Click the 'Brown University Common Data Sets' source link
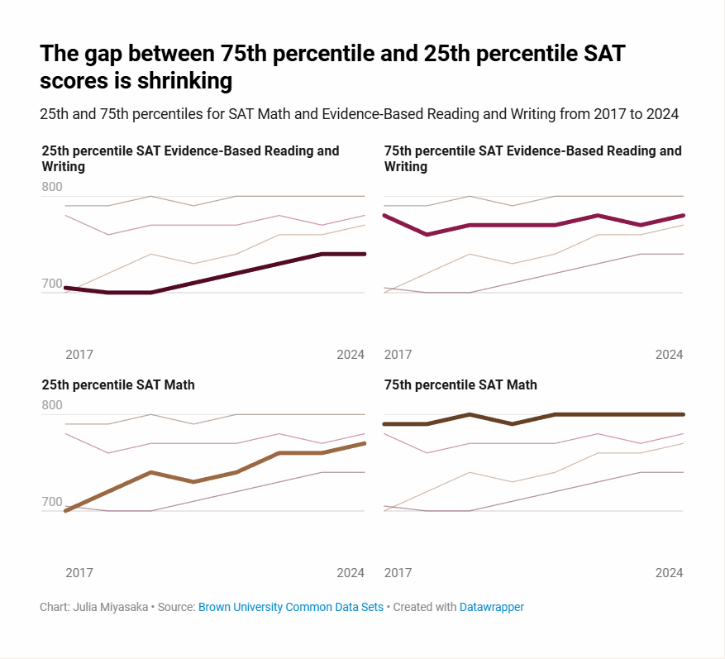pos(291,607)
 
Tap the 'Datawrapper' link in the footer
pos(492,607)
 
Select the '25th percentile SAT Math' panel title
pos(118,384)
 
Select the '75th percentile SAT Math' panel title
pos(460,384)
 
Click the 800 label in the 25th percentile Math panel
pos(52,405)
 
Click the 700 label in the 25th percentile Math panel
pos(52,502)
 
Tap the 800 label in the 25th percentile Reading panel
pos(52,187)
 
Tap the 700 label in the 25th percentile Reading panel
pos(52,284)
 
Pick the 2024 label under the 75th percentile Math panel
pos(669,572)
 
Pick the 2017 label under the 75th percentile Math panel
pos(398,572)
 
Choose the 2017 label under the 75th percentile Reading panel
pos(398,354)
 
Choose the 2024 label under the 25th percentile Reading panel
pos(351,354)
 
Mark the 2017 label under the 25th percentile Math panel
pos(79,572)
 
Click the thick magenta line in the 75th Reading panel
pos(513,225)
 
